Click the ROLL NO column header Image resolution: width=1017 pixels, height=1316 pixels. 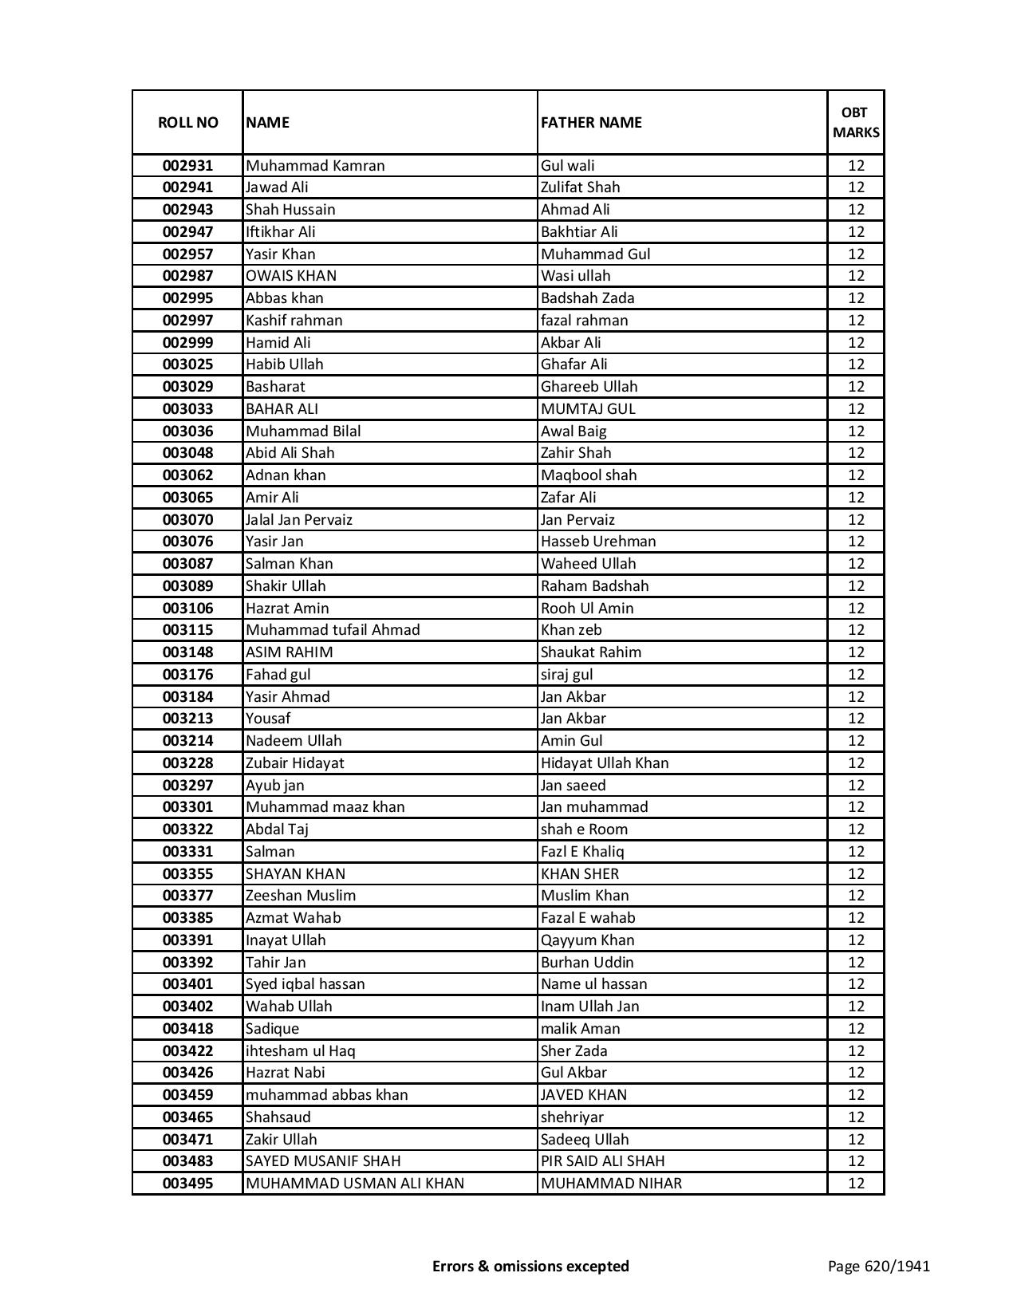187,122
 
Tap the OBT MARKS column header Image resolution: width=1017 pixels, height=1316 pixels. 856,122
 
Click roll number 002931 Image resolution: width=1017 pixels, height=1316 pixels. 187,166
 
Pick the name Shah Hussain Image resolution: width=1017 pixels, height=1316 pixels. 290,210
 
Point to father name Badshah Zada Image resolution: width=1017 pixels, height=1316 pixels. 587,298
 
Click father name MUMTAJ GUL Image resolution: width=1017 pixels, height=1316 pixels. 588,409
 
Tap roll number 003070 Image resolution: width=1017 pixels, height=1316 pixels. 187,520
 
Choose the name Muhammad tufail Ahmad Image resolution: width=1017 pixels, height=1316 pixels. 333,630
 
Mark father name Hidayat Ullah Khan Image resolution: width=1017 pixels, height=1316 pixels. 605,763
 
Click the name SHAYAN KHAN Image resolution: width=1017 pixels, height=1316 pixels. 295,874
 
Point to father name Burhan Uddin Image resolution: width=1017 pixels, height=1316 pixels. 587,963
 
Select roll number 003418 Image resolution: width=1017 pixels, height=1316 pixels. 187,1029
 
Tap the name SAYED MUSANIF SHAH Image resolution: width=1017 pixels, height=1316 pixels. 323,1161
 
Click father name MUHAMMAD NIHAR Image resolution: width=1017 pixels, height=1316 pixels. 611,1184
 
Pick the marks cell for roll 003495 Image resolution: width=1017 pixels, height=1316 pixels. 856,1184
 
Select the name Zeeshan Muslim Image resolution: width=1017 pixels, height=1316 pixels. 301,896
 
